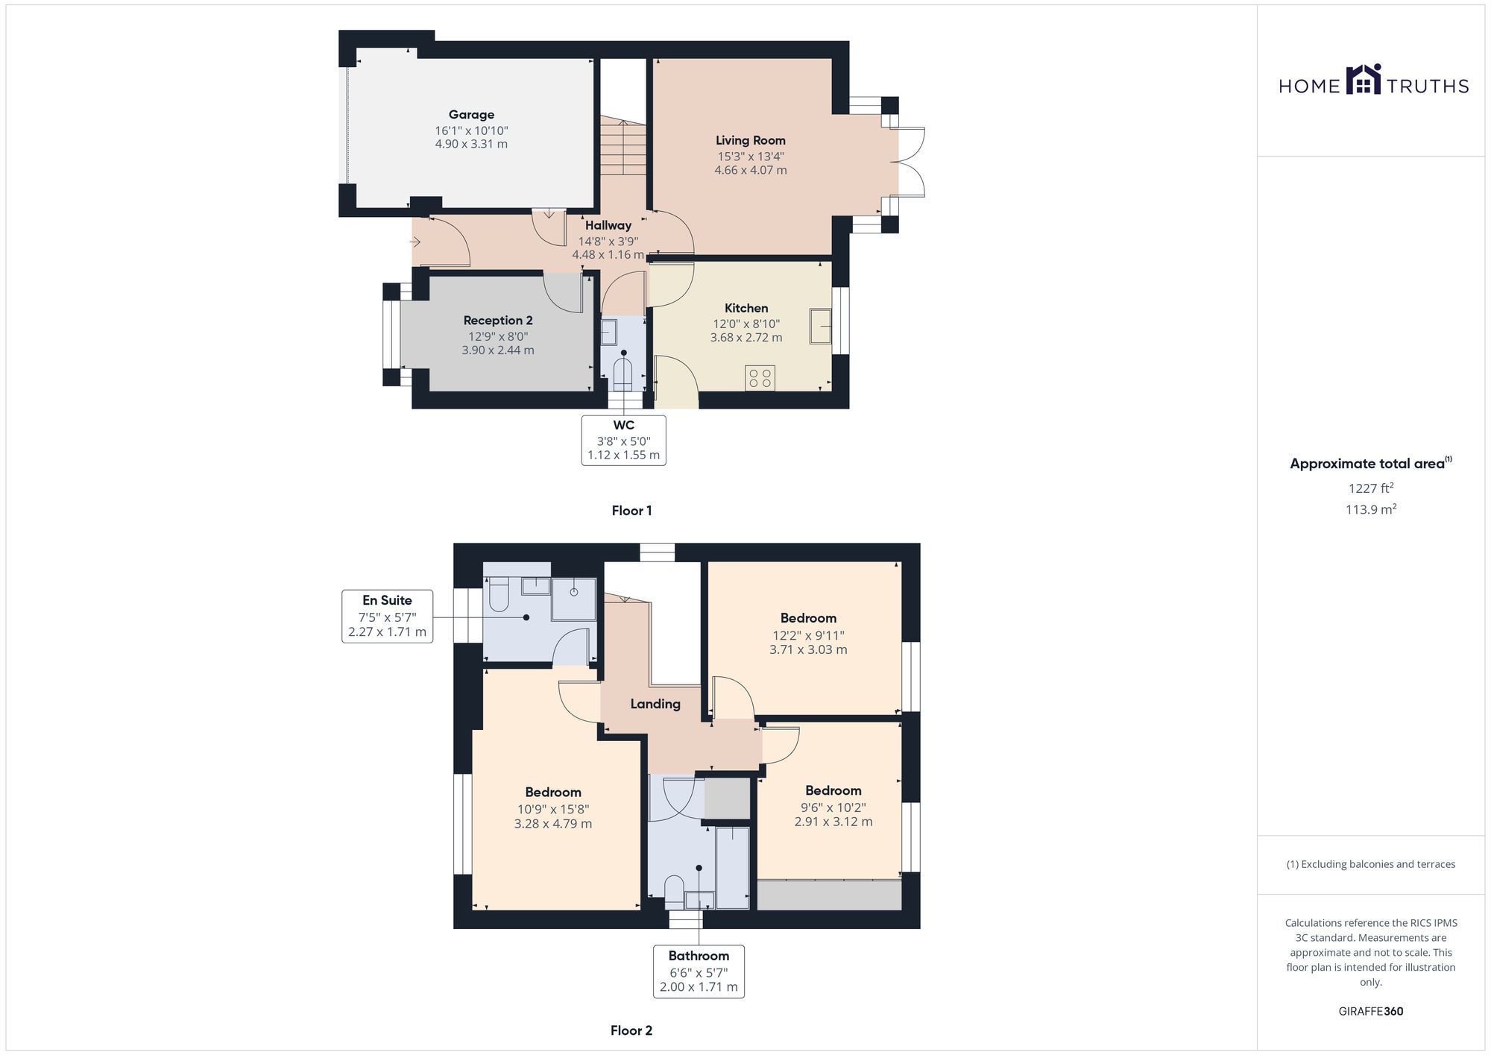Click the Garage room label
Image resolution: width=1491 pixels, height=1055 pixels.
click(471, 115)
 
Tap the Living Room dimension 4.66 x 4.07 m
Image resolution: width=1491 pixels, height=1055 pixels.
click(750, 170)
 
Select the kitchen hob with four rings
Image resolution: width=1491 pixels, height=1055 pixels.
click(760, 377)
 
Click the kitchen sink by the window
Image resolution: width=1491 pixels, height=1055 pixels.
click(820, 326)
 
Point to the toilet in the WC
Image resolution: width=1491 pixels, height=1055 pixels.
click(622, 374)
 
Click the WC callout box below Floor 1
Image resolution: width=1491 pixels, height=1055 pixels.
click(623, 441)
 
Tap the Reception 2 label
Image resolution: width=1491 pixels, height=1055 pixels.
click(498, 321)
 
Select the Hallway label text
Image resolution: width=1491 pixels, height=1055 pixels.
click(608, 225)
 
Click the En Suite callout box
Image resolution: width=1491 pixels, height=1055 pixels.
click(387, 616)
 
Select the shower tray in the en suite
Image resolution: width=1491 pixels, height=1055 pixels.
click(574, 599)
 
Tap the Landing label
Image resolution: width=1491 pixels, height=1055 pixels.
click(655, 704)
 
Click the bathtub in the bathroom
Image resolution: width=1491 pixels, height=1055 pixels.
click(732, 866)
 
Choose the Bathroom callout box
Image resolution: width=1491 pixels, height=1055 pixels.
click(699, 971)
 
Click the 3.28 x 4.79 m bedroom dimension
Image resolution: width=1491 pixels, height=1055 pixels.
click(553, 824)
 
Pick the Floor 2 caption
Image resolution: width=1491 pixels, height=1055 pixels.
click(631, 1030)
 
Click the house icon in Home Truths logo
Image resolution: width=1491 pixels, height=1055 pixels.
click(1364, 81)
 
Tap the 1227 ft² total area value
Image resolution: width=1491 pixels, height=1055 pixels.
click(1370, 489)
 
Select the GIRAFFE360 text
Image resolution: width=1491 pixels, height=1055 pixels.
click(1370, 1012)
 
